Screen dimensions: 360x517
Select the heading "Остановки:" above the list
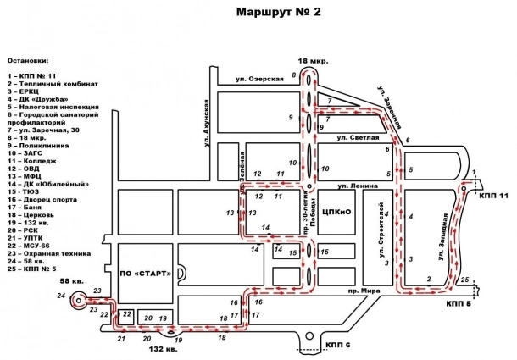(x=28, y=62)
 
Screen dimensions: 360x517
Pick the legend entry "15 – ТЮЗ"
(x=26, y=191)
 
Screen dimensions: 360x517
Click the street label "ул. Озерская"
(x=259, y=79)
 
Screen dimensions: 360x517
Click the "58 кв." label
(x=71, y=280)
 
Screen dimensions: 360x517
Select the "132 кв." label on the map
(x=163, y=349)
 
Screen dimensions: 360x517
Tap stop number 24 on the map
(x=60, y=296)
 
